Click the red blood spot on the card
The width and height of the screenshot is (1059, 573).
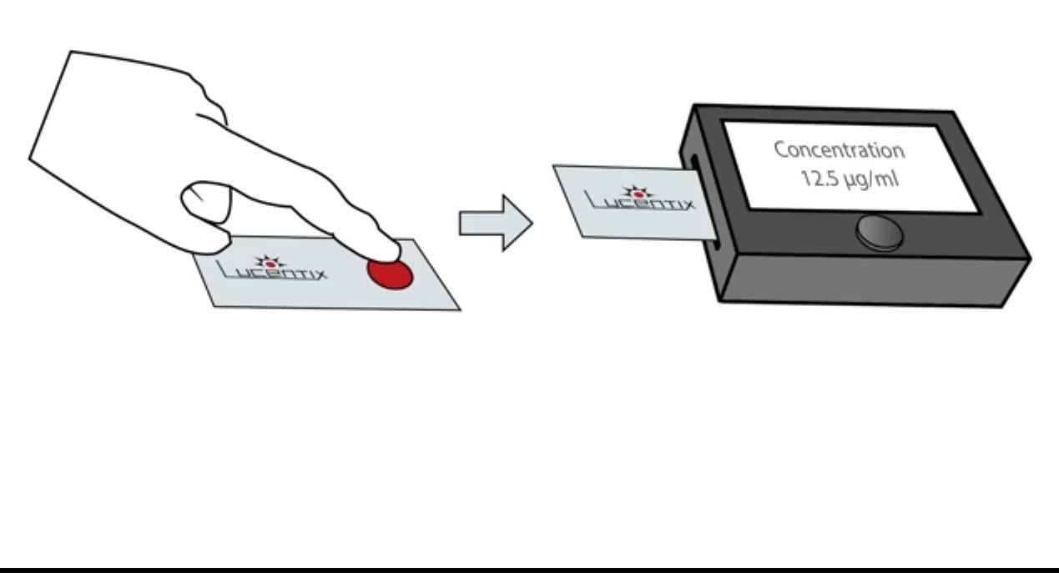tap(390, 274)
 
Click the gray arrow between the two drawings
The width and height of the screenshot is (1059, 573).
tap(496, 223)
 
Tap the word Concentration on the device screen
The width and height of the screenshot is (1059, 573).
tap(840, 150)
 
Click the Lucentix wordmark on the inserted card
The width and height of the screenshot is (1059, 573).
tap(639, 199)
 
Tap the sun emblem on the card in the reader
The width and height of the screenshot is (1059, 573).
tap(638, 193)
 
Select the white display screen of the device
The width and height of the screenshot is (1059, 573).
tap(850, 166)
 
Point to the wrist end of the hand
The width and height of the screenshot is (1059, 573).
tap(50, 105)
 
